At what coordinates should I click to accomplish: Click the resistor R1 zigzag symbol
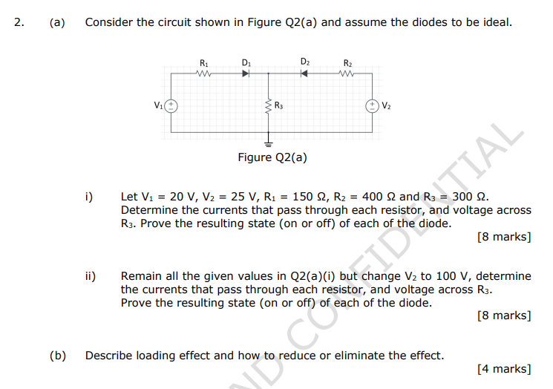[x=204, y=73]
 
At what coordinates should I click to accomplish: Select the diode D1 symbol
[x=247, y=73]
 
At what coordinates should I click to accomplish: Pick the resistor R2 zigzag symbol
[x=347, y=73]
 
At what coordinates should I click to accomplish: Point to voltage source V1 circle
[x=171, y=105]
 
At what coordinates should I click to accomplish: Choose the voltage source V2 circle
[x=371, y=105]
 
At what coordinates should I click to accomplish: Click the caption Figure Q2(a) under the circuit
[x=272, y=157]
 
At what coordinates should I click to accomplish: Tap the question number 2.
[x=19, y=22]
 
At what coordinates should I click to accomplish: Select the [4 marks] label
[x=505, y=369]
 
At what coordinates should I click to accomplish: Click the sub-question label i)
[x=89, y=197]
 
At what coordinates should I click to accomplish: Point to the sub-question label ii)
[x=91, y=276]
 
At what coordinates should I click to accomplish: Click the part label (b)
[x=57, y=356]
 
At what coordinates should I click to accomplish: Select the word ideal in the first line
[x=496, y=22]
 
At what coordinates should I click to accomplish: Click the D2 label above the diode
[x=305, y=61]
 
